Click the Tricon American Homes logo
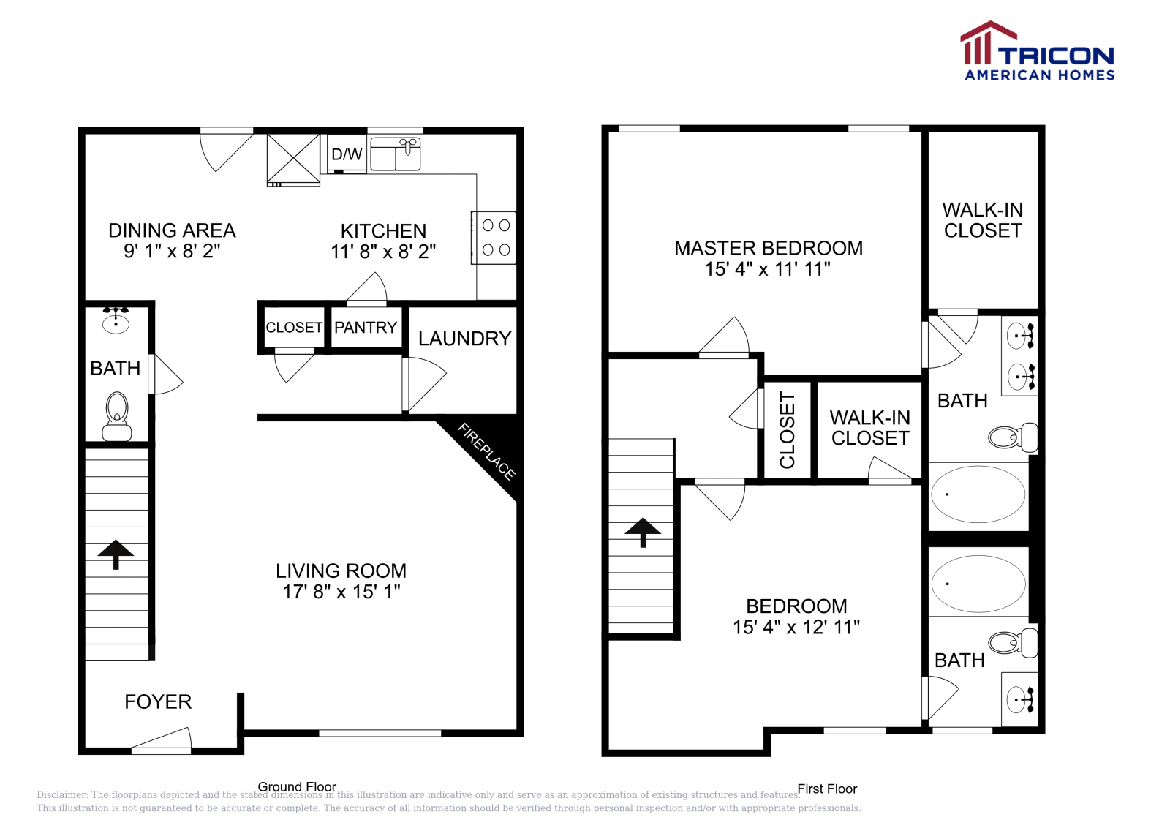(1037, 51)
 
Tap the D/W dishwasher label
(347, 154)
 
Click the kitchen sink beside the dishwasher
(396, 154)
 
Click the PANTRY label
(366, 328)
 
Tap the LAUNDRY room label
(464, 339)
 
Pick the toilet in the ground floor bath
(117, 417)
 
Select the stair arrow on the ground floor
(116, 554)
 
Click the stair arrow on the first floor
(643, 532)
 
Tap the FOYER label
(158, 702)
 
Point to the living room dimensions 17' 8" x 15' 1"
(341, 592)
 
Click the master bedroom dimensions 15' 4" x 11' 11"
(768, 269)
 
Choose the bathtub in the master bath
(978, 494)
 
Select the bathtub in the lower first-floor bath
(978, 583)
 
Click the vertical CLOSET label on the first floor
(788, 430)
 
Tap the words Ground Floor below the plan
(297, 787)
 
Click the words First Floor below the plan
(827, 789)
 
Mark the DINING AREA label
(172, 230)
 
